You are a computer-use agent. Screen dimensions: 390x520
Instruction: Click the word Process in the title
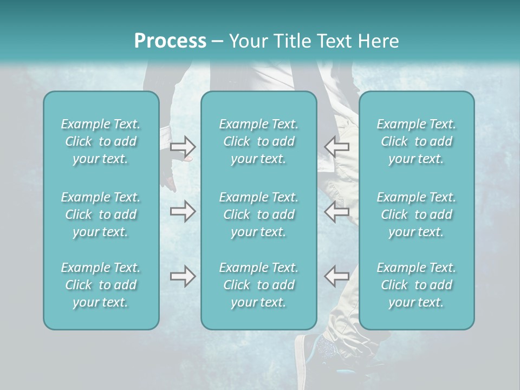point(170,41)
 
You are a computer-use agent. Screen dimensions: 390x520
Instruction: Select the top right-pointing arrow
point(183,146)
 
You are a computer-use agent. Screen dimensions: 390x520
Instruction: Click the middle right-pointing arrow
point(183,211)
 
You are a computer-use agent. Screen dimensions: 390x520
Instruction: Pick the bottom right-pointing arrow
point(183,276)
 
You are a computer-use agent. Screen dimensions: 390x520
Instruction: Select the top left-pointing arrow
point(337,146)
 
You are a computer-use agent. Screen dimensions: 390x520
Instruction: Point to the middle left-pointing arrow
point(337,211)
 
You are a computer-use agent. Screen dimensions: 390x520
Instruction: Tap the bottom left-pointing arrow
point(337,276)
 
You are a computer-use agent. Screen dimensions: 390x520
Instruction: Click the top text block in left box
point(101,141)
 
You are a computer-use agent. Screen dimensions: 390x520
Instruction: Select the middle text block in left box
point(101,214)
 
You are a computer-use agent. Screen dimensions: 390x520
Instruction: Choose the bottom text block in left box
point(101,285)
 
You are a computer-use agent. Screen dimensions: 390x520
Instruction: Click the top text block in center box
point(258,141)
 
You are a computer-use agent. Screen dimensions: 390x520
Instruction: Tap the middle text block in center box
point(258,214)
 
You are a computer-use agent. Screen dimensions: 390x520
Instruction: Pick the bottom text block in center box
point(258,285)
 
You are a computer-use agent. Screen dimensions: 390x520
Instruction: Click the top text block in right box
point(417,141)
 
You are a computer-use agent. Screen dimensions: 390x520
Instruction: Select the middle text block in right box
point(417,214)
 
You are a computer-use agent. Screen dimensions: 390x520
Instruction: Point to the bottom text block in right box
point(417,285)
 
